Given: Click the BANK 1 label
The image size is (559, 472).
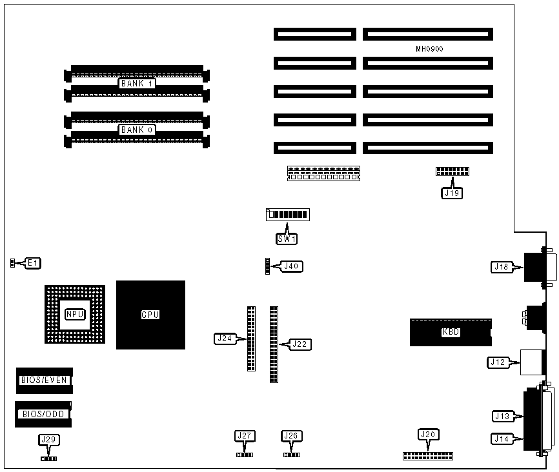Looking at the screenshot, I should coord(137,83).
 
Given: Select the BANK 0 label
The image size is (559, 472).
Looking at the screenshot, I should coord(137,130).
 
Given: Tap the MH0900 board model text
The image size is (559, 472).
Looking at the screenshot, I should coord(429,49).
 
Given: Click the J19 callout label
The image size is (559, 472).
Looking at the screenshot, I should coord(452,192).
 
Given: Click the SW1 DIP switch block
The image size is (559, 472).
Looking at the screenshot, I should coord(287,215).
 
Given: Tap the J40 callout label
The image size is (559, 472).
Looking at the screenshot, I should coord(292,266).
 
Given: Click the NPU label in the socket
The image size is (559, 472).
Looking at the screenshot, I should coord(74,315).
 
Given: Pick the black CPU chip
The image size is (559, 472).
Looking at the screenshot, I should coord(150,315).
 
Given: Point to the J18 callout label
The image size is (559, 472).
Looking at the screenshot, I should coord(502,266).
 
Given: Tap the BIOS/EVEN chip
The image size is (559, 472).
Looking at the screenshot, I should coord(44,380).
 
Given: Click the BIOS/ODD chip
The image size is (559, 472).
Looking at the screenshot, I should coord(43,414).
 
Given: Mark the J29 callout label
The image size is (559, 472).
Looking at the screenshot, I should coord(48,440).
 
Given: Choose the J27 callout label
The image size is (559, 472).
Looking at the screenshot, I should coord(244,437).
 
